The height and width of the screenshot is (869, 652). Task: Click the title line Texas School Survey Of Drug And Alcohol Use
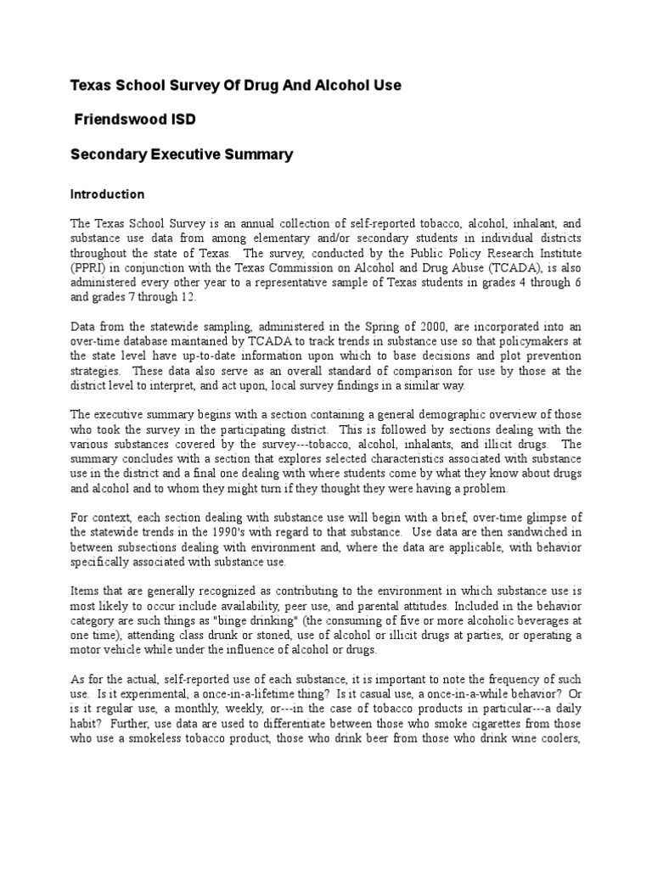click(x=235, y=86)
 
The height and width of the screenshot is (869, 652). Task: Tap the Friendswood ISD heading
click(x=136, y=120)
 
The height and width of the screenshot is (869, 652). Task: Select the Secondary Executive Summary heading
click(x=181, y=154)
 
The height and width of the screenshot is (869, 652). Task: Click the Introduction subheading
click(x=107, y=194)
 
